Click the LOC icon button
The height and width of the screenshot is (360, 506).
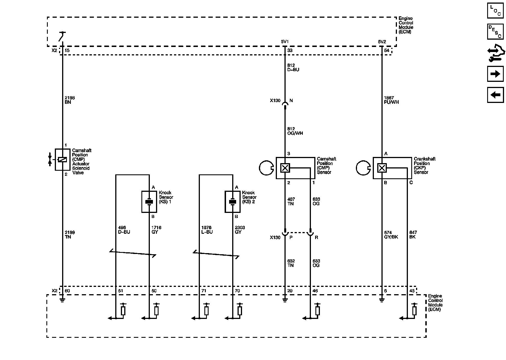[x=495, y=11]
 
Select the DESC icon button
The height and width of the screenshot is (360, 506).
[x=495, y=31]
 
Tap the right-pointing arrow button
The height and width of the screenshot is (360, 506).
[x=495, y=74]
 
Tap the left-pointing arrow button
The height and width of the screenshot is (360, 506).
[x=495, y=95]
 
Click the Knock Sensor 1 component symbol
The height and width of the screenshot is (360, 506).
[x=149, y=202]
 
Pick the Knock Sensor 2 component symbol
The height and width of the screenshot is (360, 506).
[x=232, y=202]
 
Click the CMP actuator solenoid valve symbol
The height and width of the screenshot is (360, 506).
[x=62, y=159]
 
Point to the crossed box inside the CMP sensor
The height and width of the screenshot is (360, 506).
[x=285, y=168]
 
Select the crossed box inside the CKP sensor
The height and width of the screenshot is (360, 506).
[x=382, y=168]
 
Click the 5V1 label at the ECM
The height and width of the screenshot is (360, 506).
[x=285, y=42]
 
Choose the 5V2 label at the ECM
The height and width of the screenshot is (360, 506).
[x=382, y=42]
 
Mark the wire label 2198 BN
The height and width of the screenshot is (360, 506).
[x=70, y=100]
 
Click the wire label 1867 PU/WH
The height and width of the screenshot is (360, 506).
[x=391, y=100]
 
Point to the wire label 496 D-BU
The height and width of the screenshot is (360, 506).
[x=124, y=230]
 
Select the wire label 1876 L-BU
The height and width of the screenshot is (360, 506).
[x=207, y=230]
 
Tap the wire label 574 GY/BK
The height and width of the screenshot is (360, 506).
[x=391, y=235]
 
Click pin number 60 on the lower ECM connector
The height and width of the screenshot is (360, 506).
[x=67, y=291]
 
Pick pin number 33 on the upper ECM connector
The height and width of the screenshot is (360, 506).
[x=290, y=50]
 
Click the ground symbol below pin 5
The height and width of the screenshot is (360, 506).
[x=381, y=300]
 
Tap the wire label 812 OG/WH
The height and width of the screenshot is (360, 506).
[x=295, y=131]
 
